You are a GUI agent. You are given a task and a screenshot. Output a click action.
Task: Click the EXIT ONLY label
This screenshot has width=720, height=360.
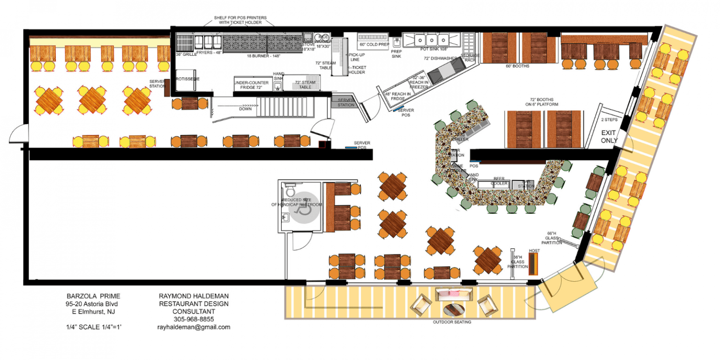pyautogui.click(x=609, y=136)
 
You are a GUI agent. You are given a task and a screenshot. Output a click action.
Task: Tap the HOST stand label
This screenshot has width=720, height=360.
pyautogui.click(x=534, y=251)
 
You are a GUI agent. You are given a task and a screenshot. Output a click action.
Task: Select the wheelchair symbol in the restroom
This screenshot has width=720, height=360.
pyautogui.click(x=303, y=209)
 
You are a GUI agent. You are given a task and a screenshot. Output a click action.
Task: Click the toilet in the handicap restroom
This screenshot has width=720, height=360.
pyautogui.click(x=290, y=190)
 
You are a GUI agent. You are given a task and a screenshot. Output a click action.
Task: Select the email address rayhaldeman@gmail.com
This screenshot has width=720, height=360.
pyautogui.click(x=194, y=327)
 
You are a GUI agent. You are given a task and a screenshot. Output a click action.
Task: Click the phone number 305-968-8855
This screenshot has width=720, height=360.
pyautogui.click(x=194, y=319)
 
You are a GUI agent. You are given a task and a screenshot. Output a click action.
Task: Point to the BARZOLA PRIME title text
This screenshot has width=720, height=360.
pyautogui.click(x=93, y=296)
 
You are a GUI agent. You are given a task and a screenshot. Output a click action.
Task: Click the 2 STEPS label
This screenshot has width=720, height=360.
pyautogui.click(x=609, y=120)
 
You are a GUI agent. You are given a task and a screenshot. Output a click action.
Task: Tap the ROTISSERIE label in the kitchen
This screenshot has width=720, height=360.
pyautogui.click(x=187, y=79)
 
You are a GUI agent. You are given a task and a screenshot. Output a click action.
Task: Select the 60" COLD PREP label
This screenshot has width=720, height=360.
pyautogui.click(x=375, y=45)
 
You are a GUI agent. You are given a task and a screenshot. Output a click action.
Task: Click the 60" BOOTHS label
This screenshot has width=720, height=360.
pyautogui.click(x=517, y=66)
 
